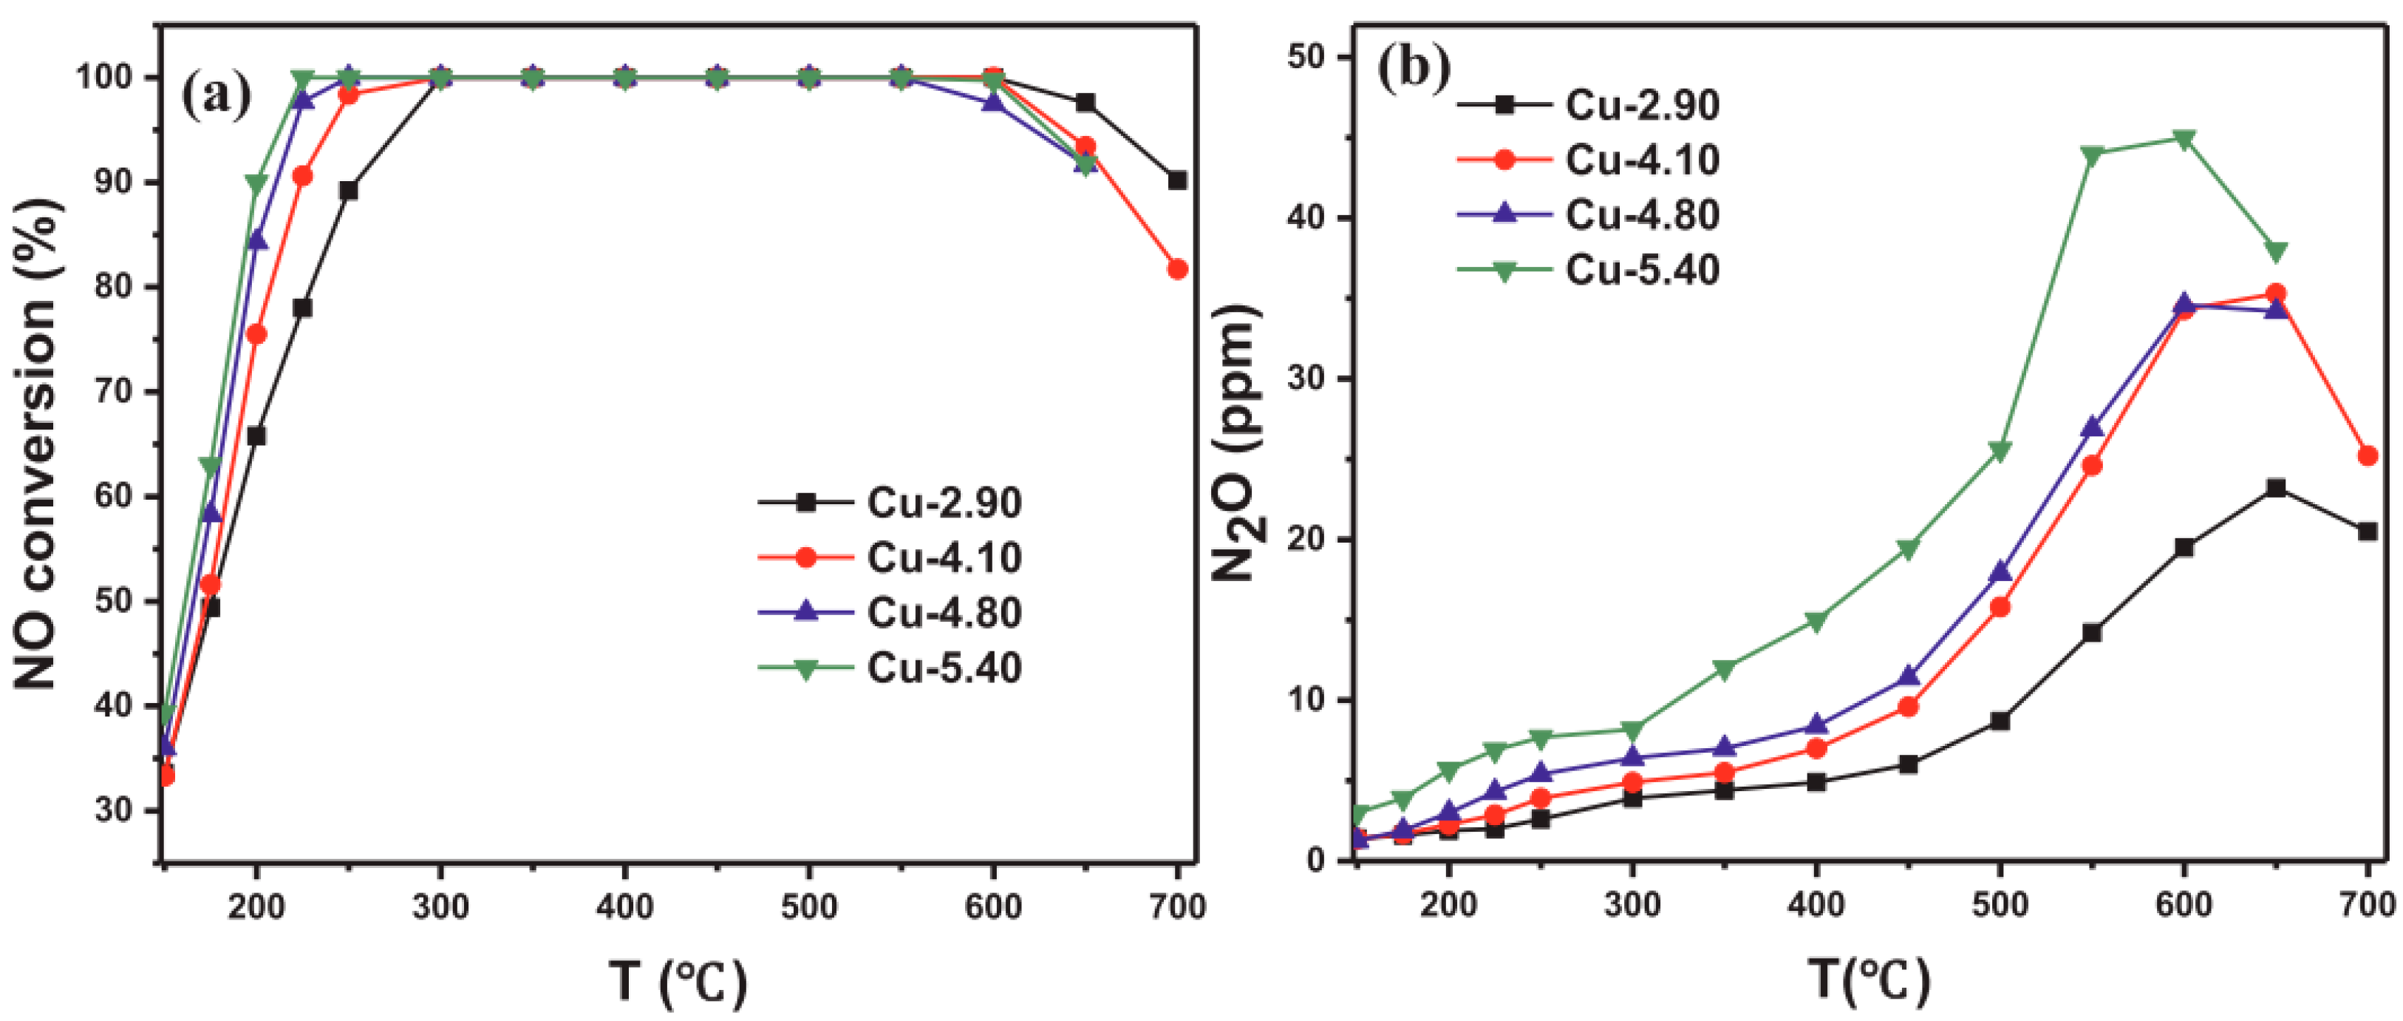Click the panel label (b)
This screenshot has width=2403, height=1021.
[x=1414, y=67]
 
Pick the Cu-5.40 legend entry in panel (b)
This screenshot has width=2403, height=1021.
[x=1641, y=271]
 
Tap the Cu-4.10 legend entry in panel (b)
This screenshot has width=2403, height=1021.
[x=1641, y=160]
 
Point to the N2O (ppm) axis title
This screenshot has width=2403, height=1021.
[x=1238, y=444]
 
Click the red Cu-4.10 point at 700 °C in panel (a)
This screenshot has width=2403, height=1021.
[x=1177, y=269]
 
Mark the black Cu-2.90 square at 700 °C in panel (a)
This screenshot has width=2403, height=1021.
[x=1177, y=180]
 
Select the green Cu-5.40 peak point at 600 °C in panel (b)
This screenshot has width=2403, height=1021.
[x=2184, y=139]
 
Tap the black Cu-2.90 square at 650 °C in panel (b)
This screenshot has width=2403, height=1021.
[x=2276, y=488]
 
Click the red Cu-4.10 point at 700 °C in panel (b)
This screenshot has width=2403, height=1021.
[x=2368, y=455]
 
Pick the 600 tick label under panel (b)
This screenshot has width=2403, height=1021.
[x=2184, y=903]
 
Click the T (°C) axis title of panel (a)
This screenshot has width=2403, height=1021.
[x=678, y=982]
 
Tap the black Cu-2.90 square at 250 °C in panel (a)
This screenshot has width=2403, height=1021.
[x=348, y=191]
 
